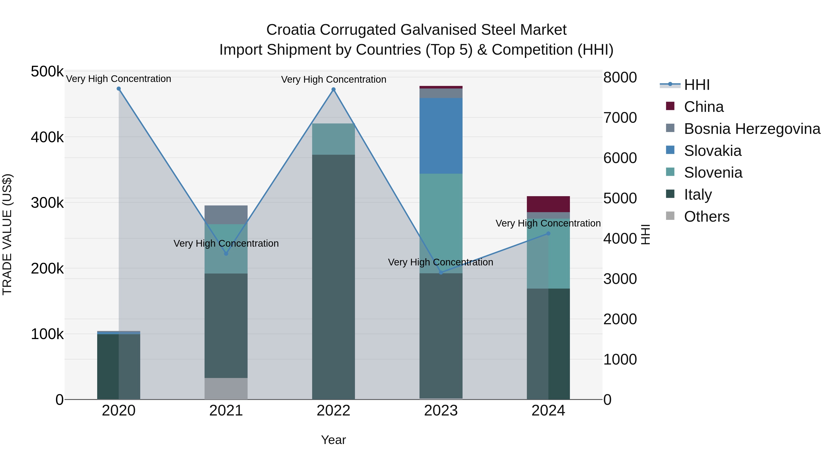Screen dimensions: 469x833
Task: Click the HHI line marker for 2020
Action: click(119, 89)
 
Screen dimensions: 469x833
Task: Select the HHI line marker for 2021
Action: click(226, 254)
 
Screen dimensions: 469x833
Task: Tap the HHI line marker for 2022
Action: click(333, 90)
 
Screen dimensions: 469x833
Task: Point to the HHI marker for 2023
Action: click(441, 273)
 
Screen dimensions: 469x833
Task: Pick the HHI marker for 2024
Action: click(548, 233)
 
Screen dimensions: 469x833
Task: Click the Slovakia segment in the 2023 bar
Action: click(441, 136)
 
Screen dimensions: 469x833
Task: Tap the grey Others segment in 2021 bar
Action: click(226, 388)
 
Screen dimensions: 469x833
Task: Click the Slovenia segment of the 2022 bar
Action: click(333, 139)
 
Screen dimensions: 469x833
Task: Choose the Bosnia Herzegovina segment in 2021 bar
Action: click(226, 215)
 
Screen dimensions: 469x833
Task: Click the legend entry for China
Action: click(703, 107)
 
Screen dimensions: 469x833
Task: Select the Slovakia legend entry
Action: click(712, 151)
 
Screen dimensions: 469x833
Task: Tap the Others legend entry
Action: click(707, 217)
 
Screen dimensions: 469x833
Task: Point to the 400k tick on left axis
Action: click(47, 137)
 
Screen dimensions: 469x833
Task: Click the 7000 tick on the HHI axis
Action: click(620, 118)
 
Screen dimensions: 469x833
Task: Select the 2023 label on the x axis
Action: click(441, 411)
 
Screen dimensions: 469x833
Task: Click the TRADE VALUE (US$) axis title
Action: click(7, 234)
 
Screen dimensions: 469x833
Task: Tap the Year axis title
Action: click(333, 440)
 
